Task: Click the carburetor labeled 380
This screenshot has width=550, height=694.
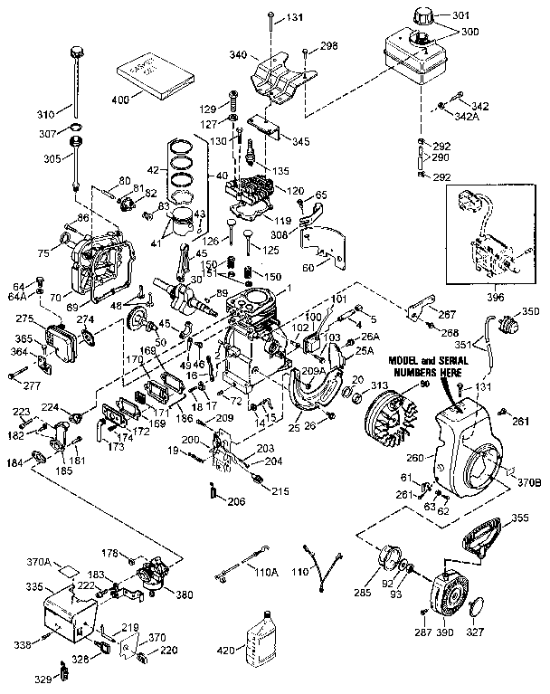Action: point(153,581)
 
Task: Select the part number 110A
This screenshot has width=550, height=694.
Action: point(264,574)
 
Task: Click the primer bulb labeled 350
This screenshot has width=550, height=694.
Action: point(505,321)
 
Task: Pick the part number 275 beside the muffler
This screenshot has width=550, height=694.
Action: point(24,318)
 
